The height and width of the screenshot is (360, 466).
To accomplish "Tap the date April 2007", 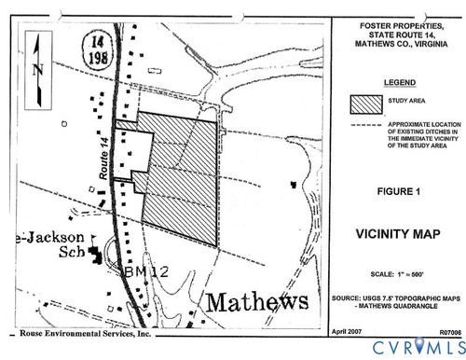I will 348,331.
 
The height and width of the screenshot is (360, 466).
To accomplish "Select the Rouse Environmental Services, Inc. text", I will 85,332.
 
